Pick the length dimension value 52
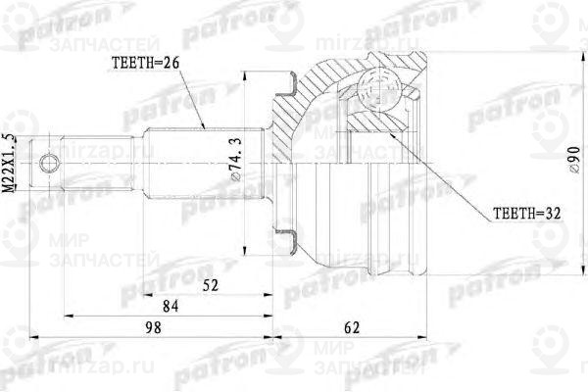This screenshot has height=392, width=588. point(210,287)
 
